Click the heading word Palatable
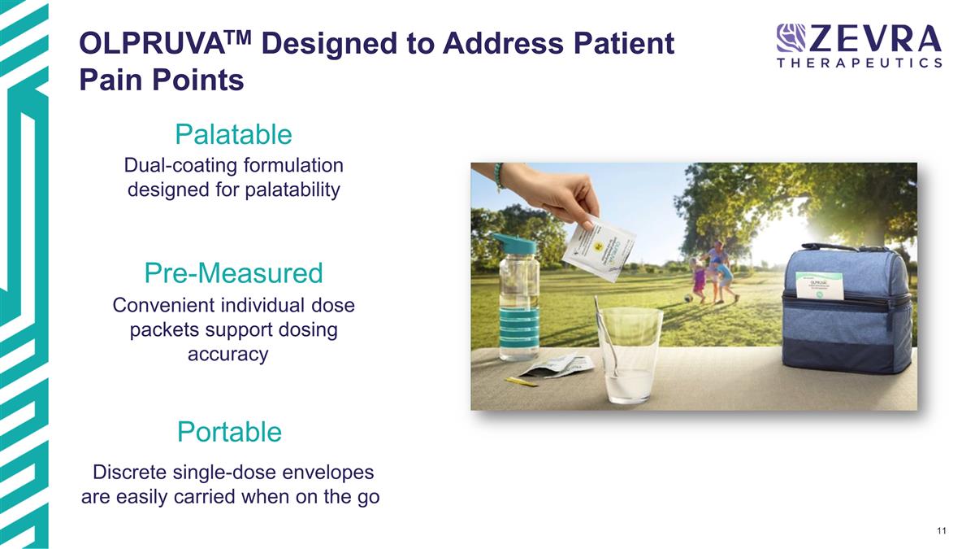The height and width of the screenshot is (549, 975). click(x=233, y=133)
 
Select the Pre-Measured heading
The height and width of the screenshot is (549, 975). click(x=233, y=272)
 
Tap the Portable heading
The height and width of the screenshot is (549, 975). click(x=229, y=431)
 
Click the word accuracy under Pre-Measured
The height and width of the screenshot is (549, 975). click(x=227, y=355)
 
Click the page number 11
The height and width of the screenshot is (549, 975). click(x=941, y=532)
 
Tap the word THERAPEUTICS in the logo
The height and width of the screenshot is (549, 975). click(x=860, y=63)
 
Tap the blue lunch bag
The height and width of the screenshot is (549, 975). click(x=845, y=309)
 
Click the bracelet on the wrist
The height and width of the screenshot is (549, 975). click(x=499, y=176)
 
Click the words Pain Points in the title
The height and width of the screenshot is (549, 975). click(x=162, y=81)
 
